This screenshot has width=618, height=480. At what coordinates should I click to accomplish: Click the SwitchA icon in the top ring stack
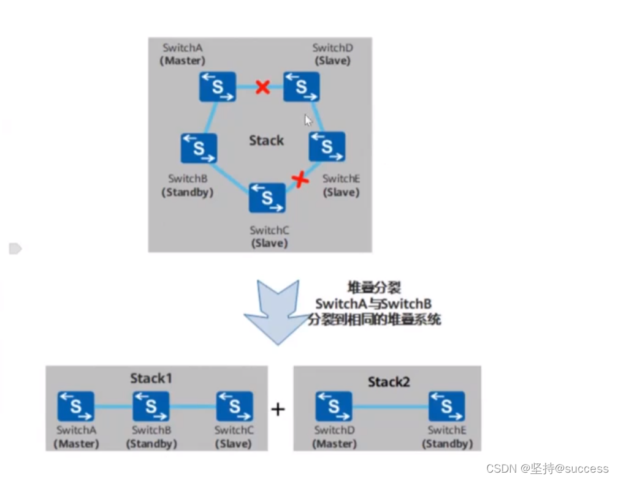[x=217, y=86]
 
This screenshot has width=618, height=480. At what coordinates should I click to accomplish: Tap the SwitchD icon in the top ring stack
[x=301, y=86]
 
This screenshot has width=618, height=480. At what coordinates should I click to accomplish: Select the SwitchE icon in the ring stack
[x=327, y=146]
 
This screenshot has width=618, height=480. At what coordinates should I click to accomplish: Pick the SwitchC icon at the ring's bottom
[x=267, y=198]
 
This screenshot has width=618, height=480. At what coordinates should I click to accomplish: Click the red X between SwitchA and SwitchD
[x=262, y=87]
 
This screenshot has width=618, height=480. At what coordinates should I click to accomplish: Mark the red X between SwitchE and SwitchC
[x=300, y=179]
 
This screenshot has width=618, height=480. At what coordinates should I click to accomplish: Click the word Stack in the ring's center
[x=266, y=141]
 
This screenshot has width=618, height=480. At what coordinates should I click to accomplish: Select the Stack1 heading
[x=151, y=378]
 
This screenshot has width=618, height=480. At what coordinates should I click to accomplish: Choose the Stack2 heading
[x=389, y=382]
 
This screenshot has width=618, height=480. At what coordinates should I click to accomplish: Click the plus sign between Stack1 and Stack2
[x=278, y=409]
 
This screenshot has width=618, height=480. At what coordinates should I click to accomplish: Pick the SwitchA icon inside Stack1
[x=76, y=407]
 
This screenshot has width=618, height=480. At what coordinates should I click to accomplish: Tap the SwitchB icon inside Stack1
[x=151, y=407]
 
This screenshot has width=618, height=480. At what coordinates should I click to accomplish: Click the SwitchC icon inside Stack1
[x=234, y=407]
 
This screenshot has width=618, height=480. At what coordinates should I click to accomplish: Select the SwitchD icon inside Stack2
[x=334, y=407]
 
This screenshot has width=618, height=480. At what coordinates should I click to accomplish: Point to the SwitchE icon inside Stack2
[x=447, y=407]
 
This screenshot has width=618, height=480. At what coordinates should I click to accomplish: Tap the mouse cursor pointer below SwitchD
[x=309, y=120]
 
